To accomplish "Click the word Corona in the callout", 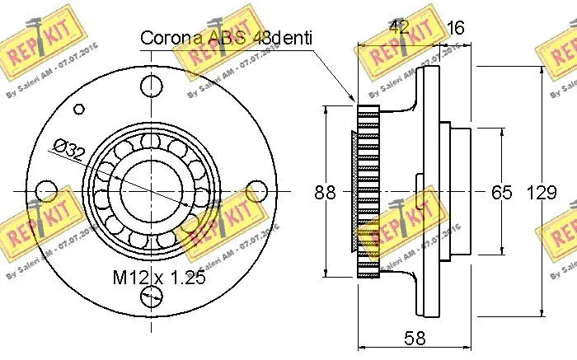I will (167, 38).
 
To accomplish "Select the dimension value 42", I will (399, 28).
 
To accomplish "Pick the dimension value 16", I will (454, 28).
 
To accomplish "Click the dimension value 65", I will (501, 193).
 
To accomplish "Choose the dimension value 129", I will (540, 193).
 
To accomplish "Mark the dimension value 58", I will (415, 336).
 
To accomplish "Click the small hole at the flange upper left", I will (79, 107).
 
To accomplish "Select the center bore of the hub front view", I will (149, 189).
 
